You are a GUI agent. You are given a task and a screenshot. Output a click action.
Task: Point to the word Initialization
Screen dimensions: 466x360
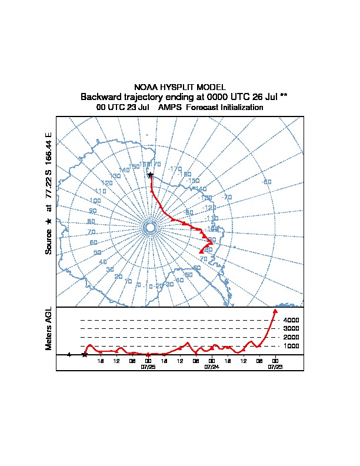click(x=238, y=108)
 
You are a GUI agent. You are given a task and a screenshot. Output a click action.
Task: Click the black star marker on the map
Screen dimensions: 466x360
click(x=151, y=175)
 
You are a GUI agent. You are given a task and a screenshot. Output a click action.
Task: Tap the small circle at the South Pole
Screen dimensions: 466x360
click(x=150, y=227)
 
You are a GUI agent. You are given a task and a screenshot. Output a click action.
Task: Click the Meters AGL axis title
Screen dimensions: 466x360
click(x=49, y=329)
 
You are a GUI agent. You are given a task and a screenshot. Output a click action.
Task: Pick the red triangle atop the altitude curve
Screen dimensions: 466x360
click(x=275, y=311)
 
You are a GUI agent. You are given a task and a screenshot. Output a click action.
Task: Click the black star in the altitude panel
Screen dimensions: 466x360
click(x=85, y=355)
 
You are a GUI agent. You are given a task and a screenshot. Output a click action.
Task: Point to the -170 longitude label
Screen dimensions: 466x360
click(x=175, y=169)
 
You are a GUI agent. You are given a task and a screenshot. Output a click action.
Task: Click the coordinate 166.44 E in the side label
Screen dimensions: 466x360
click(x=49, y=149)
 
